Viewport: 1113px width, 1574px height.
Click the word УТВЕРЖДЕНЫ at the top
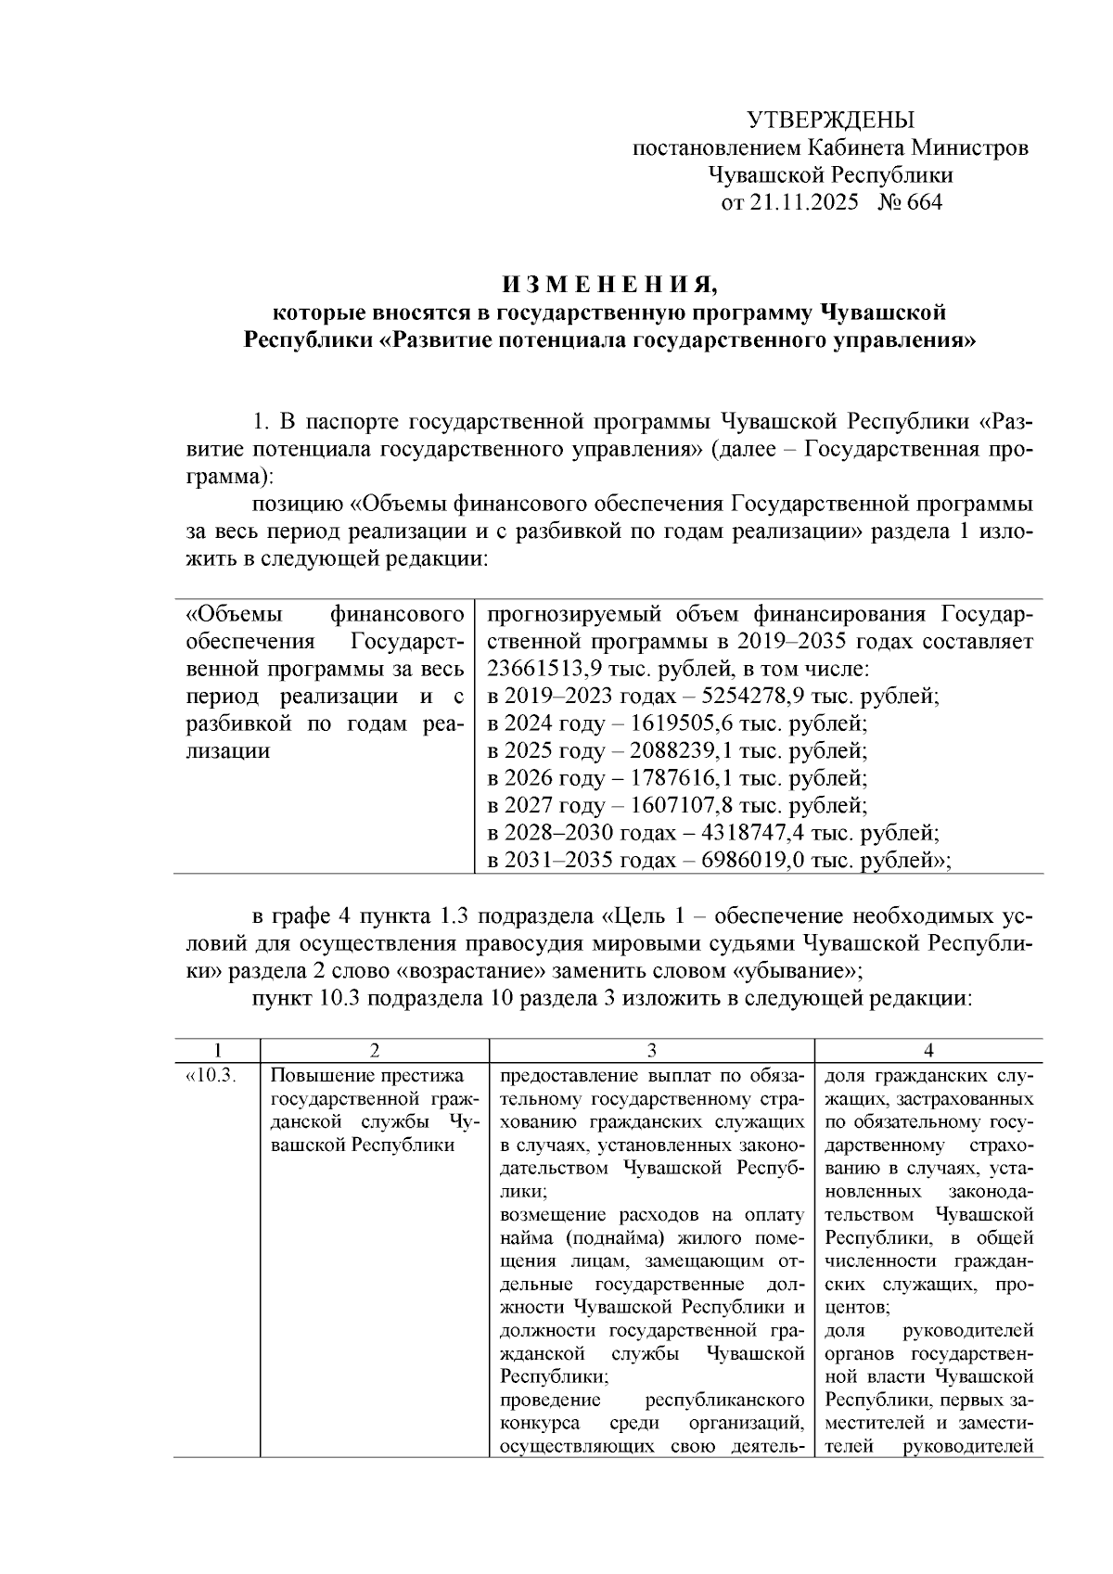pos(830,120)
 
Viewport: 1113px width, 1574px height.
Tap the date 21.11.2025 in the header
pos(804,202)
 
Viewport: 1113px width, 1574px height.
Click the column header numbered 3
pos(651,1050)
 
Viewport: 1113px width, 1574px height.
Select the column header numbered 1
pos(217,1050)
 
